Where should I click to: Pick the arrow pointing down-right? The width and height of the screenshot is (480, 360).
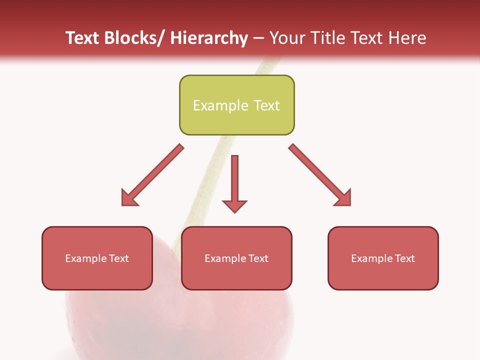(x=320, y=175)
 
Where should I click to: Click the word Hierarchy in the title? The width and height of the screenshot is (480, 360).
(x=209, y=38)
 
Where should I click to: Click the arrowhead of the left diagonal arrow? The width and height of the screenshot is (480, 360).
(x=129, y=198)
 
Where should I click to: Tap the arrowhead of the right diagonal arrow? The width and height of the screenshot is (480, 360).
(x=343, y=198)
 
